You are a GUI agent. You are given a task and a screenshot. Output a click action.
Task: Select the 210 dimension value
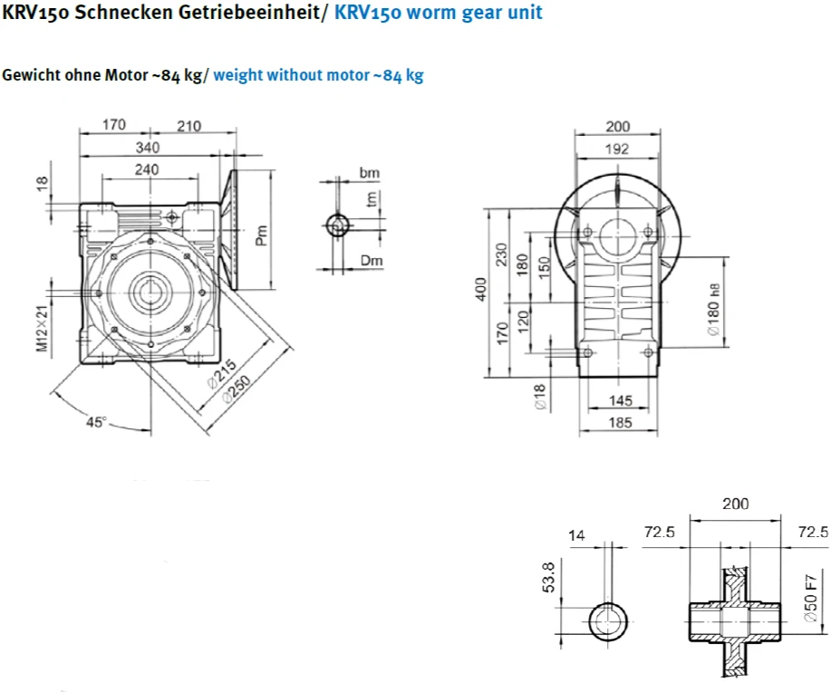click(x=188, y=126)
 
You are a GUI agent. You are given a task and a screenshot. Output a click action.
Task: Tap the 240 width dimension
click(x=147, y=169)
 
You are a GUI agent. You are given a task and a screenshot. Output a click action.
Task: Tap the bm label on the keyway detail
click(x=369, y=172)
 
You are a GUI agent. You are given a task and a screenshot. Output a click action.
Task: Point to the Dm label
click(x=372, y=261)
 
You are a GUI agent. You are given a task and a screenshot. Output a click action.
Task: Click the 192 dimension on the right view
click(x=617, y=149)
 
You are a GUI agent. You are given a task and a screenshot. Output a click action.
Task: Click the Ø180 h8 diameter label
click(x=713, y=310)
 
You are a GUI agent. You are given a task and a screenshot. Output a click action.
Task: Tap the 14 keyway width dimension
click(x=576, y=535)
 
